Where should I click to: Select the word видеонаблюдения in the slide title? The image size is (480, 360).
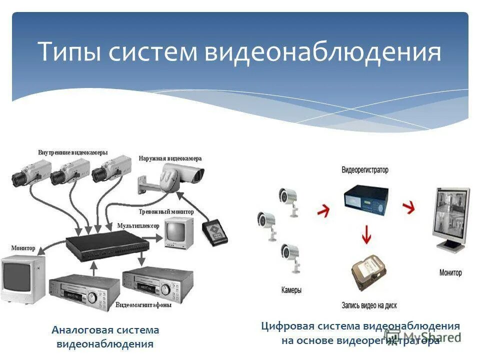(x=322, y=52)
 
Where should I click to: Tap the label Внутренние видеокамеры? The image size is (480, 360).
(x=72, y=152)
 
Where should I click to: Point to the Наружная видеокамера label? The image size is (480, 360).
(x=170, y=158)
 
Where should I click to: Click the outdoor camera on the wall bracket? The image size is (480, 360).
(x=180, y=175)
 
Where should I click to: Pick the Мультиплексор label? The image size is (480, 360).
(x=138, y=226)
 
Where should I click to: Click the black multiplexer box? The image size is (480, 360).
(x=107, y=245)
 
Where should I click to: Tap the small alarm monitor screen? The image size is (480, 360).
(x=178, y=231)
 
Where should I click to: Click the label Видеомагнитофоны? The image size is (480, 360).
(x=143, y=304)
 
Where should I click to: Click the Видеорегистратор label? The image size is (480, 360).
(x=365, y=170)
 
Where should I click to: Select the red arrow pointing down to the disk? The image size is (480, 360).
(x=366, y=234)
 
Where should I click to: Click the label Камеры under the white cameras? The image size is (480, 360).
(x=291, y=290)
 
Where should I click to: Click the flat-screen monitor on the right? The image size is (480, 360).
(x=452, y=217)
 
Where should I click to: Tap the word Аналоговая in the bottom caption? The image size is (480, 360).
(x=82, y=330)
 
